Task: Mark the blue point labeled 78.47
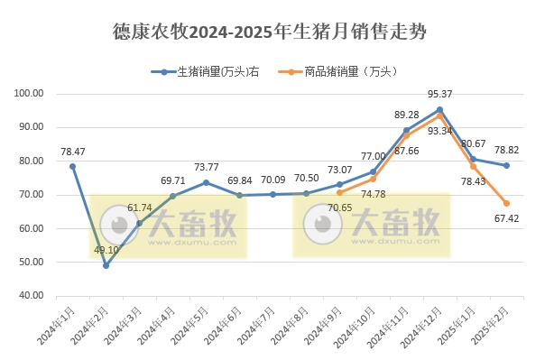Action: pos(73,166)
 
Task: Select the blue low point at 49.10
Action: pos(106,265)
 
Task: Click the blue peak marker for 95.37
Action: pos(439,109)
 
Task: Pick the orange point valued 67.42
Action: pos(506,203)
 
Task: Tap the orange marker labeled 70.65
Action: pos(339,192)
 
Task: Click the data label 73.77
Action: pos(207,168)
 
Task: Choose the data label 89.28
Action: pos(407,115)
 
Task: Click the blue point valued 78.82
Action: pos(506,165)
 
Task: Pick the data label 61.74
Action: pos(140,208)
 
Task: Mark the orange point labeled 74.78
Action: pos(373,179)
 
